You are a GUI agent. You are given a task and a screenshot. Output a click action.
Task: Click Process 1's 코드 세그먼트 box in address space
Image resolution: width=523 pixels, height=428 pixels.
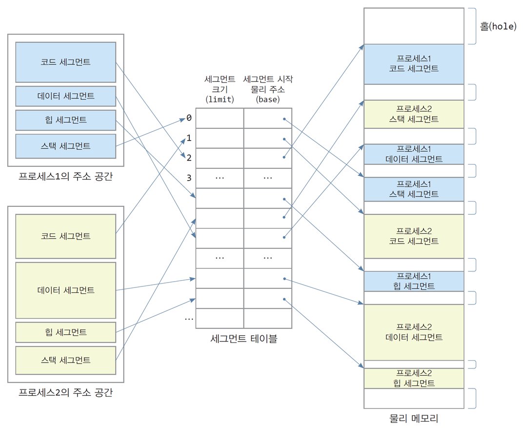coord(66,62)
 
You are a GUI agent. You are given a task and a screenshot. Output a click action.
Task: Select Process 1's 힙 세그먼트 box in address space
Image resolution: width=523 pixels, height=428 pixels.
coord(66,120)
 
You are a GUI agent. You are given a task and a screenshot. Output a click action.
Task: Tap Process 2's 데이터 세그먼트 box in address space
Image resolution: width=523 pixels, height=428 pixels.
coord(66,290)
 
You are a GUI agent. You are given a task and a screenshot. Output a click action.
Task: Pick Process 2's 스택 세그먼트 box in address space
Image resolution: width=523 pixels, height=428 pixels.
coord(66,360)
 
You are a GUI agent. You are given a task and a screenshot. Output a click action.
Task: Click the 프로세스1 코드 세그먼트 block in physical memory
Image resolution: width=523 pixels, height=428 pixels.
coord(414,64)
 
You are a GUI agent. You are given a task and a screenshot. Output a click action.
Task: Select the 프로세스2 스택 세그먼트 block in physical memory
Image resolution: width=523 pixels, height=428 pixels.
coord(414,114)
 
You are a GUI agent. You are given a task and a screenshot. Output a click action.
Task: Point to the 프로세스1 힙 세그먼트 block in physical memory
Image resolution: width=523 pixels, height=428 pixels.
coord(414,281)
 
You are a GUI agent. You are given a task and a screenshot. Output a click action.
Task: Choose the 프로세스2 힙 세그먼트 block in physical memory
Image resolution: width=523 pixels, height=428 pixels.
coord(414,378)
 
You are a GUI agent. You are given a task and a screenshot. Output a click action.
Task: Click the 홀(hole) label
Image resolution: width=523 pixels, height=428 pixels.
coord(498,26)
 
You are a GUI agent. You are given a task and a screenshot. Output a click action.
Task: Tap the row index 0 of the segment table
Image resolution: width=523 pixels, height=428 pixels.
coord(189,118)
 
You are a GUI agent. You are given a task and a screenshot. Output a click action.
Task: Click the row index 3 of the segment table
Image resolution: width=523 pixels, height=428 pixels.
coord(189,178)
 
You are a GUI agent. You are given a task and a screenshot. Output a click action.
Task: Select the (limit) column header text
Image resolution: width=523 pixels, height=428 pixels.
coord(220,100)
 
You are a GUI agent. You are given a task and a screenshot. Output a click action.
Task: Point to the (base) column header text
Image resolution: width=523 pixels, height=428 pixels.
coord(268,100)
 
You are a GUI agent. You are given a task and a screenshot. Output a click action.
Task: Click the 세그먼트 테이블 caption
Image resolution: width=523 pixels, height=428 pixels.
coord(244,339)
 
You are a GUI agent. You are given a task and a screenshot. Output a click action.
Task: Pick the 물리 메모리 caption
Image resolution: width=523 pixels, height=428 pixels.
coord(414,418)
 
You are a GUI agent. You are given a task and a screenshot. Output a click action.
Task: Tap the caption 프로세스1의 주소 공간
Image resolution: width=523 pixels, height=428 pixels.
coord(66,176)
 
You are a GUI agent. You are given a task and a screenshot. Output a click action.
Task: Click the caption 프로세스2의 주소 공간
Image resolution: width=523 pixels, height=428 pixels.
coord(66,392)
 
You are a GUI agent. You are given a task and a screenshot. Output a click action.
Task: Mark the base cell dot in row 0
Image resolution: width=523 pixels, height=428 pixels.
coord(284,119)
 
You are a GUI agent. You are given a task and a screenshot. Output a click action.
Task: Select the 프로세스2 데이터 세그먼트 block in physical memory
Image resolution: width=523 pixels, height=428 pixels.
coord(414,332)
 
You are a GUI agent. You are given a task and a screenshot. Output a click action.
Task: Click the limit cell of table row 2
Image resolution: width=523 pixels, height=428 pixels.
coord(220,158)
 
